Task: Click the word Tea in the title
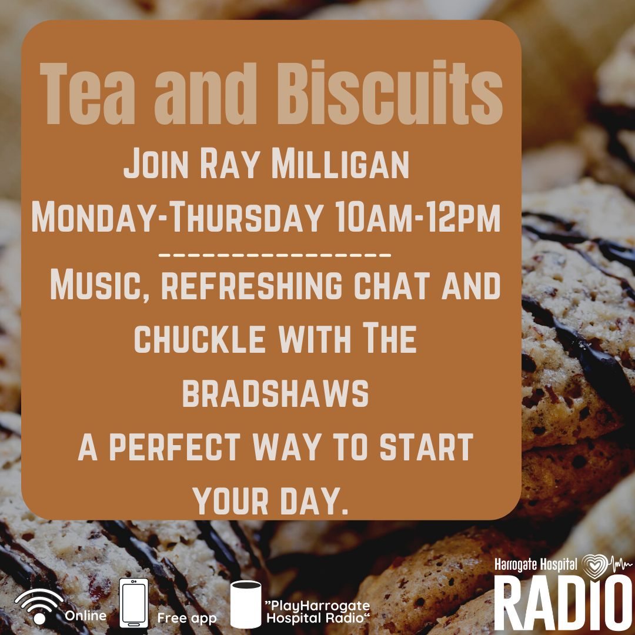(x=87, y=94)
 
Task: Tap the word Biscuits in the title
(x=390, y=93)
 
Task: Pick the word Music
(x=99, y=286)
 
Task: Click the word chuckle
(x=200, y=339)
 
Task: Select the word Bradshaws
(x=275, y=393)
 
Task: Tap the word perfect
(x=175, y=447)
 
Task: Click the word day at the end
(x=314, y=501)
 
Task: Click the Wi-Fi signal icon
(x=39, y=606)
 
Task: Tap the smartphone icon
(x=133, y=603)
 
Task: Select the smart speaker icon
(x=245, y=604)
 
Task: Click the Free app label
(x=187, y=619)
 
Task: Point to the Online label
(x=85, y=616)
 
